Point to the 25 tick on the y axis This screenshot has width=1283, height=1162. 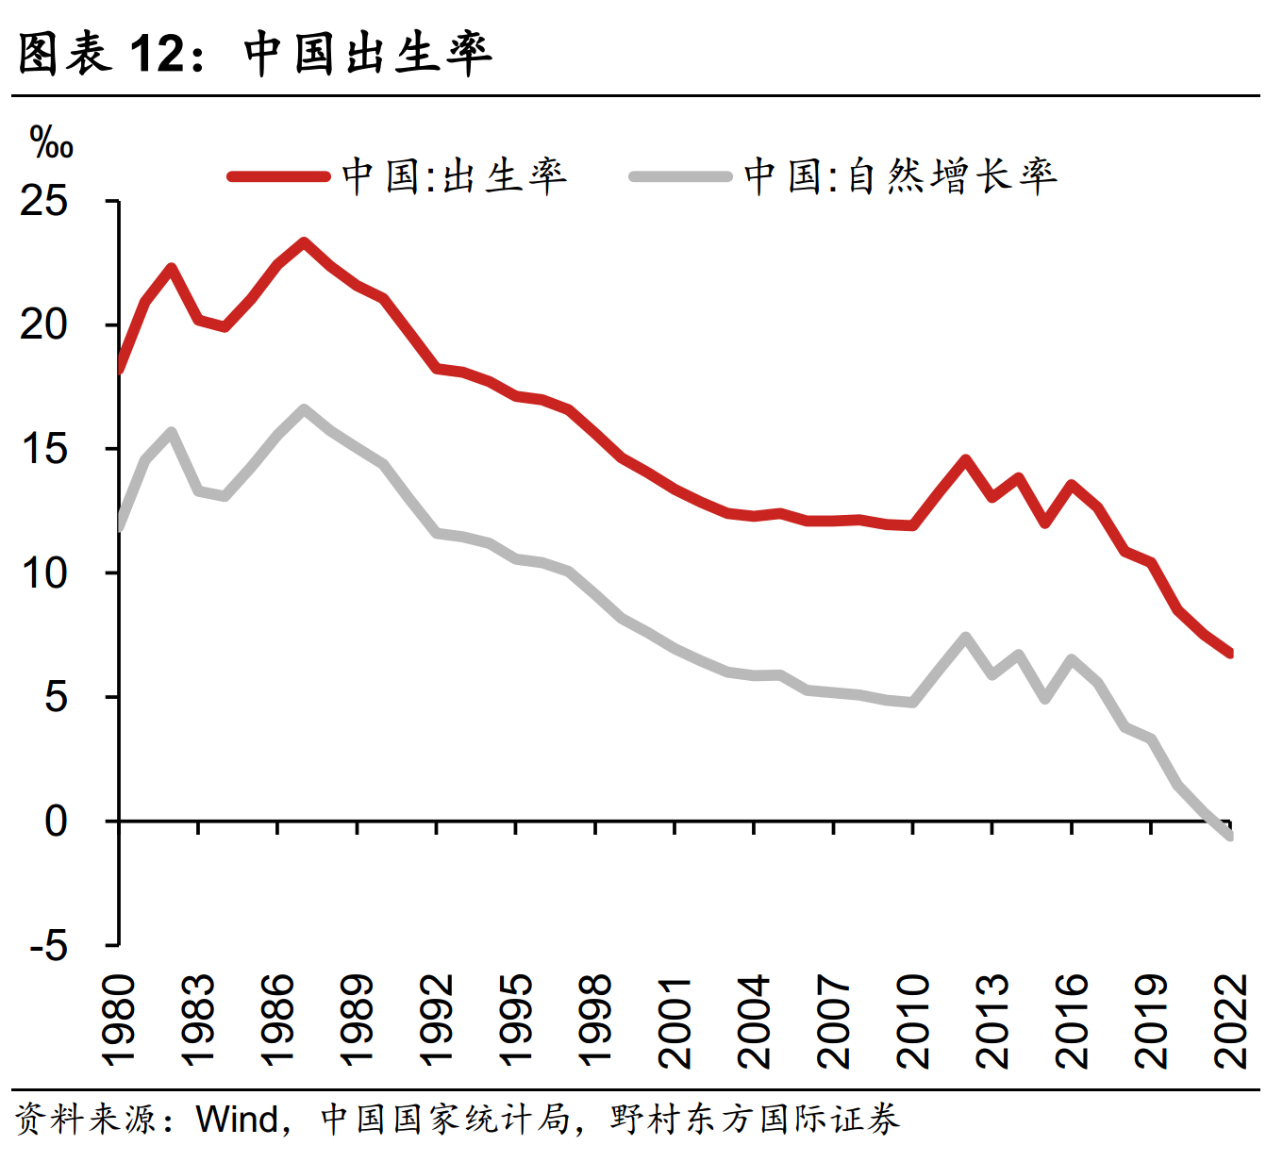pyautogui.click(x=44, y=201)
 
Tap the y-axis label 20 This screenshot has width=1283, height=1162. pyautogui.click(x=44, y=325)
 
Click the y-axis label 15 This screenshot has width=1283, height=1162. pyautogui.click(x=44, y=449)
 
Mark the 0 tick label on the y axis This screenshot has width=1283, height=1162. pyautogui.click(x=57, y=822)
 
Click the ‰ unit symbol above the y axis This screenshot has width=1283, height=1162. pyautogui.click(x=51, y=143)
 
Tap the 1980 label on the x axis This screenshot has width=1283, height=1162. pyautogui.click(x=119, y=1021)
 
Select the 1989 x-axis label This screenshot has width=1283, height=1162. pyautogui.click(x=357, y=1021)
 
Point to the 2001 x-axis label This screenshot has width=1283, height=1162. pyautogui.click(x=675, y=1021)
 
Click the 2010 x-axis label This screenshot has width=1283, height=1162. pyautogui.click(x=913, y=1021)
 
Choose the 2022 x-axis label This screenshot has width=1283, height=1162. pyautogui.click(x=1231, y=1021)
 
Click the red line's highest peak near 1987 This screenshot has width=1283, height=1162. pyautogui.click(x=304, y=242)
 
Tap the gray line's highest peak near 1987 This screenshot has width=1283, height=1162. pyautogui.click(x=304, y=409)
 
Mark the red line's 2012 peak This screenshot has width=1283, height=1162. pyautogui.click(x=965, y=459)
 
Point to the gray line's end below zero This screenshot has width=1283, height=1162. pyautogui.click(x=1230, y=836)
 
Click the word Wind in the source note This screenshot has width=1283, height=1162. pyautogui.click(x=237, y=1120)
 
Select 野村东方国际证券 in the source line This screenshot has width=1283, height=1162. pyautogui.click(x=755, y=1120)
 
